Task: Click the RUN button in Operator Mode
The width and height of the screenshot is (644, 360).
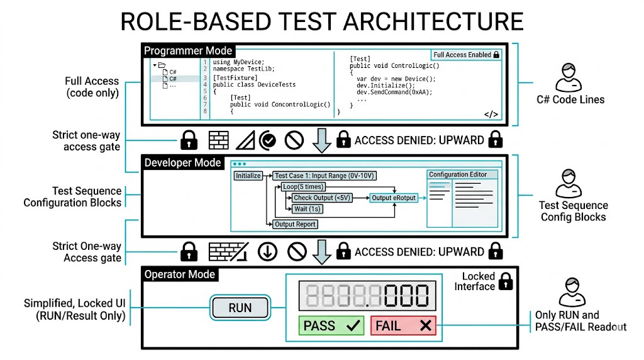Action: click(240, 308)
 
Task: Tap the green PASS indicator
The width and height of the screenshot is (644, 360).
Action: click(331, 325)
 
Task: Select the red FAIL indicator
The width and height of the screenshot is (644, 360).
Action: click(403, 325)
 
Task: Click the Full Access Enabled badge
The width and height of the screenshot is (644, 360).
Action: click(466, 55)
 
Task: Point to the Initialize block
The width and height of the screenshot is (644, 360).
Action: click(248, 176)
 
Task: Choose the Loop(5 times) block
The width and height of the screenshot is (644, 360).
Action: click(302, 187)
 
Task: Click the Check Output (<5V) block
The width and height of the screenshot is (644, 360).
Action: click(321, 198)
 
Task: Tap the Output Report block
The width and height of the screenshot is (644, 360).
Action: click(295, 223)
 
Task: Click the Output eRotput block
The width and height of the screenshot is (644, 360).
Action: click(394, 198)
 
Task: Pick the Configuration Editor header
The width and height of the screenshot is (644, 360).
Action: click(457, 174)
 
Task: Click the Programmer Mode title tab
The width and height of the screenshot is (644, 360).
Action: click(188, 51)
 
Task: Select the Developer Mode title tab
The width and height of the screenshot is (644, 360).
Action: click(182, 162)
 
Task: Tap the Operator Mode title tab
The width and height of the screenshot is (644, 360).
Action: click(179, 274)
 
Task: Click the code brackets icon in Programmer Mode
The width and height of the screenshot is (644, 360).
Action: click(491, 114)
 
